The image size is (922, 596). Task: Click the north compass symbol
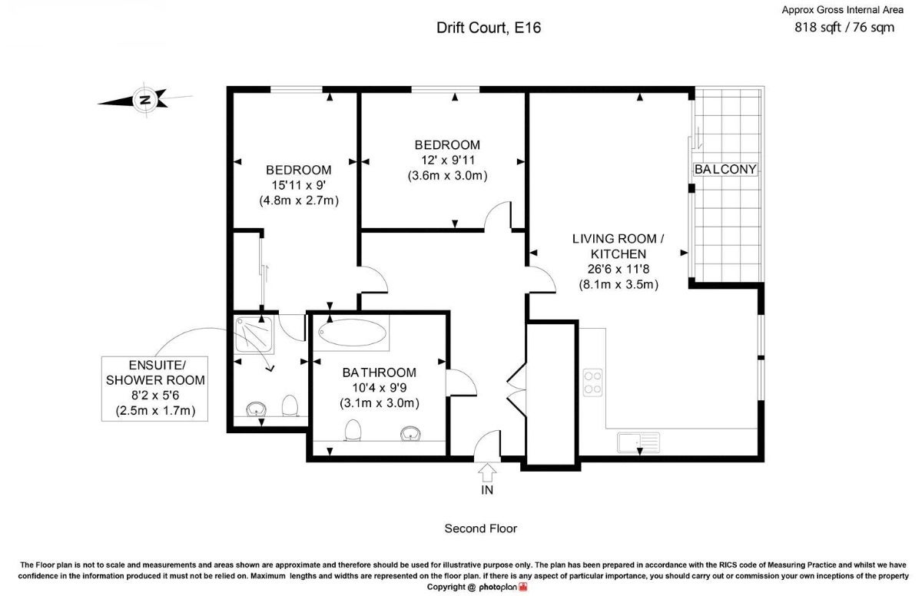point(145,100)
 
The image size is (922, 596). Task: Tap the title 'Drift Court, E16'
point(489,28)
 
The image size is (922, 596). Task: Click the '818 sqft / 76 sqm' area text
point(844,28)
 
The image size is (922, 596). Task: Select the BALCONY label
point(725,169)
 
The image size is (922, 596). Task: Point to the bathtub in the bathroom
point(352,333)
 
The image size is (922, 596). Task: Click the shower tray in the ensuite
point(254,333)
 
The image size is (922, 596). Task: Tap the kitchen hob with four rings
point(592,382)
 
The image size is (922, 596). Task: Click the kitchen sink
point(638,442)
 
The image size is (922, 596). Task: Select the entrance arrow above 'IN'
point(487,472)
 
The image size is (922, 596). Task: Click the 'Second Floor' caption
point(481,528)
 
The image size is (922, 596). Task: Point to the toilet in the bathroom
point(353,430)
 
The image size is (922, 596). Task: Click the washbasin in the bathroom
point(410,433)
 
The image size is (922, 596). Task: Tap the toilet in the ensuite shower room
point(290,406)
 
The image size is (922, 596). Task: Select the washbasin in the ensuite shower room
point(256,409)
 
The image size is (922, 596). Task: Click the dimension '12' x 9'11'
point(447,160)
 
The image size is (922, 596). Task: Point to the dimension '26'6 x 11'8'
point(619,269)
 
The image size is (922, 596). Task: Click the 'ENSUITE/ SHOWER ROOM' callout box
point(154,389)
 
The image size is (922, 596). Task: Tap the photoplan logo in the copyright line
point(503,587)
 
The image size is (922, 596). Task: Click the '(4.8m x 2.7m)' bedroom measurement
point(299,200)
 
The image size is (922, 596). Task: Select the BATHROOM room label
point(379,372)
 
